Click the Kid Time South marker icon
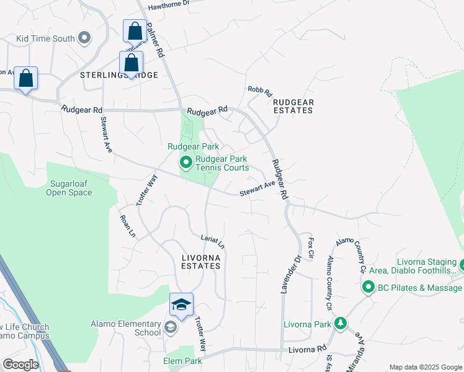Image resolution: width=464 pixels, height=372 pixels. tap(85, 38)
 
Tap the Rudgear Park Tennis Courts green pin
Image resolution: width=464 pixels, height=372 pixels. tap(185, 163)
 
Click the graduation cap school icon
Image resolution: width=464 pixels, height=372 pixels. tap(181, 304)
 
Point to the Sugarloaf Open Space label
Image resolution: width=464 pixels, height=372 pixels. tap(69, 188)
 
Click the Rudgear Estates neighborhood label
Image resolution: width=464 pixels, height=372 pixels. tap(293, 106)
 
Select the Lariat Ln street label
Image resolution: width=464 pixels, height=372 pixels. tap(213, 241)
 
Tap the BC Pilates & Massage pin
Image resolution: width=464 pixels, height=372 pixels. tap(368, 288)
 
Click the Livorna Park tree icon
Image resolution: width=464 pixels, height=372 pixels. tap(340, 324)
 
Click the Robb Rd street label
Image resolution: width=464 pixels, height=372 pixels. tap(260, 92)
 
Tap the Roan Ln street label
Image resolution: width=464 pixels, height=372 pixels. tap(127, 226)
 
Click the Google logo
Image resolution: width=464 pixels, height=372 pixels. tap(20, 365)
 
